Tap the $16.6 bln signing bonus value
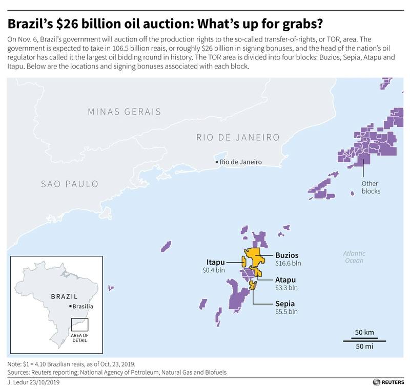click(x=288, y=263)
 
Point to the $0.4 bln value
click(x=214, y=269)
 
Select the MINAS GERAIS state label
click(x=124, y=112)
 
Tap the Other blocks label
click(x=371, y=187)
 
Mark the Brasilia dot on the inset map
click(x=70, y=306)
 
